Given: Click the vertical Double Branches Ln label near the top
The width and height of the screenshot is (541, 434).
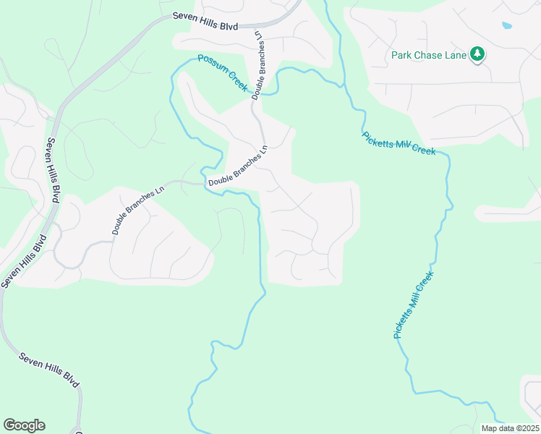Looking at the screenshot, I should pyautogui.click(x=258, y=64).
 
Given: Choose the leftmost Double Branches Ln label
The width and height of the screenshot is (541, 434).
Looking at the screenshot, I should pyautogui.click(x=138, y=211).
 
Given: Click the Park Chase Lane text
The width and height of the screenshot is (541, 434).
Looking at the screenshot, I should pyautogui.click(x=429, y=54).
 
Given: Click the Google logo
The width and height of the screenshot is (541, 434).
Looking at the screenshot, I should pyautogui.click(x=24, y=425).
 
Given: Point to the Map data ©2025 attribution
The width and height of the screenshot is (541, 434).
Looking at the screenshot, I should pyautogui.click(x=510, y=428).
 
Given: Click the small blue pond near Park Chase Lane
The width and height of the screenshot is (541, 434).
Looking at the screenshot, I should pyautogui.click(x=506, y=25).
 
